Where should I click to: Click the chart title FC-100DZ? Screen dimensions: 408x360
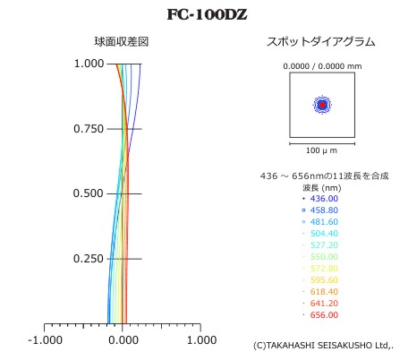(207, 14)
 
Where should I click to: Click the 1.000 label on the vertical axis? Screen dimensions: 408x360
(89, 64)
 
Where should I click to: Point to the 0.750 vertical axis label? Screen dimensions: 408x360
(89, 129)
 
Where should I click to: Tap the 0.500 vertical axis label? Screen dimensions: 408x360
(89, 193)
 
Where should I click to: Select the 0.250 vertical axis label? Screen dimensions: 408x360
(89, 259)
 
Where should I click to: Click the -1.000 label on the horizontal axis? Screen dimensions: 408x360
(45, 340)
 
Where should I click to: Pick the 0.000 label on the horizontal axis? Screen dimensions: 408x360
(123, 340)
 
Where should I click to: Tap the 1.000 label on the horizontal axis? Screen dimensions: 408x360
(201, 340)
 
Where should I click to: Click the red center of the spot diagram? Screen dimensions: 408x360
(322, 105)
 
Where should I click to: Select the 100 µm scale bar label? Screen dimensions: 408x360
(321, 150)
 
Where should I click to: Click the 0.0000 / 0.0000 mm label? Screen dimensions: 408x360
(322, 66)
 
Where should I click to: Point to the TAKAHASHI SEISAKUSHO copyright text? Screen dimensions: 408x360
(323, 346)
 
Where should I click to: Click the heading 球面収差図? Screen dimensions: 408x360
(122, 42)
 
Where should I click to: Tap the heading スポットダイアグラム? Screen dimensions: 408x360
(321, 42)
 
